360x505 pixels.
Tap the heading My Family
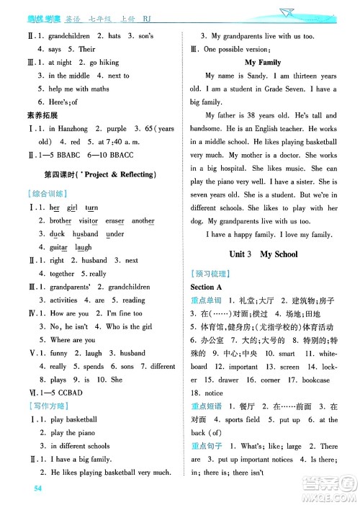tap(263, 63)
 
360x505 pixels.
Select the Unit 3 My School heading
tap(263, 254)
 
